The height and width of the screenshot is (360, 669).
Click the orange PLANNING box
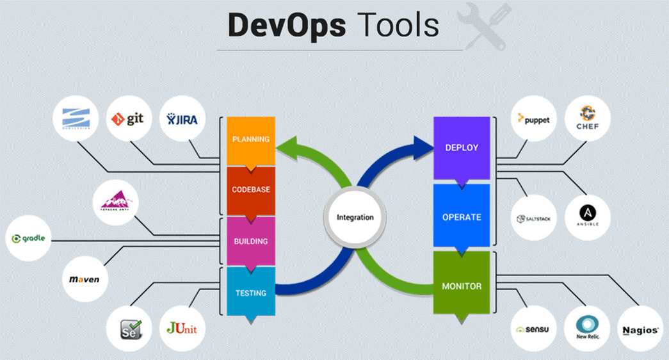pos(251,140)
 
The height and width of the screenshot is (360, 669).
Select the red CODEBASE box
pos(251,190)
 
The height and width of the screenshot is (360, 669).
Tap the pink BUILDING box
pos(251,241)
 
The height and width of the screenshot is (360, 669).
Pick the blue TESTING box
pos(251,292)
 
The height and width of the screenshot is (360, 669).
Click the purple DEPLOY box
pos(461,148)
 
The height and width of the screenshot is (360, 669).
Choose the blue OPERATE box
pos(461,217)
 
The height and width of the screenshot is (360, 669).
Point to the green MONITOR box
pos(461,286)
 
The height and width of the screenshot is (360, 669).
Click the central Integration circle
pos(355,217)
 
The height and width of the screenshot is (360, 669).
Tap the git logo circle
pos(129,119)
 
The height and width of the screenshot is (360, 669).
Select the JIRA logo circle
pos(182,119)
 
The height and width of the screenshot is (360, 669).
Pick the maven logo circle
pos(85,280)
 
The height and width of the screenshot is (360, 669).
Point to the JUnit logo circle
pos(182,329)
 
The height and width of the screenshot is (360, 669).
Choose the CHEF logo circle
pos(588,119)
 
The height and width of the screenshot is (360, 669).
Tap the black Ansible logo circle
pos(588,217)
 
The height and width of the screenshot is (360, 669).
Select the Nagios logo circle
pos(640,330)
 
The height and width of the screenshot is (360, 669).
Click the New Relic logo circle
pos(588,330)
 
